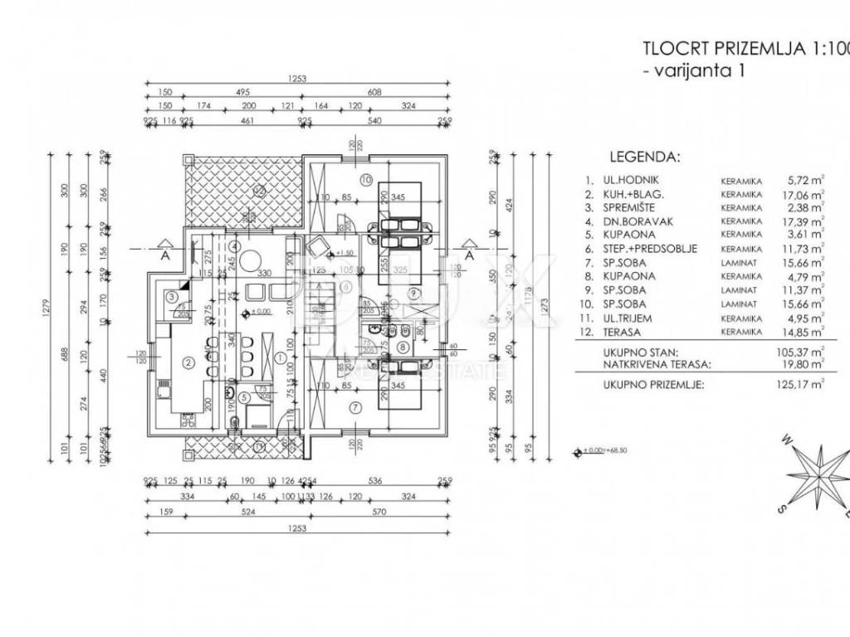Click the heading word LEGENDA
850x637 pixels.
pyautogui.click(x=644, y=155)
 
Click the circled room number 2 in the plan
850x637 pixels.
pyautogui.click(x=188, y=361)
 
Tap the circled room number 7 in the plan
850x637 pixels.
pyautogui.click(x=354, y=407)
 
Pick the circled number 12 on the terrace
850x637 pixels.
pyautogui.click(x=258, y=190)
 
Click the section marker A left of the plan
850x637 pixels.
pyautogui.click(x=166, y=255)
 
